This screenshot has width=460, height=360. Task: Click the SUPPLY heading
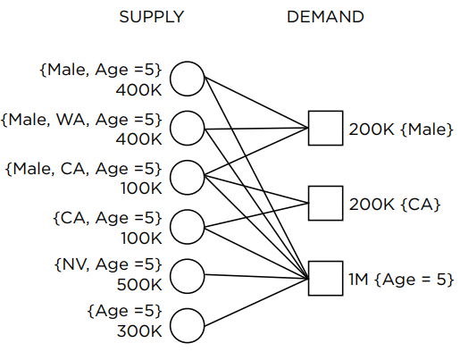pos(152,17)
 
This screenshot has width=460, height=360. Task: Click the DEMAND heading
pos(325,17)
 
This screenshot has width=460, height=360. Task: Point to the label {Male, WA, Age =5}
pos(81,120)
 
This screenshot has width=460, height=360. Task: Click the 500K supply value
pos(139,285)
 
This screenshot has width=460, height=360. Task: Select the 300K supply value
pos(139,331)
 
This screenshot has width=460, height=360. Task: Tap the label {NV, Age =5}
pos(108,264)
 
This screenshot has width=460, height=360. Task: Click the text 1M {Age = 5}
pos(401,280)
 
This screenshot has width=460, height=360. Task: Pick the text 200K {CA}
pos(395,205)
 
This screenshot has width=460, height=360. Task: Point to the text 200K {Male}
pos(401,130)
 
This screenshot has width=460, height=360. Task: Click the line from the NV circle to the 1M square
pos(256,277)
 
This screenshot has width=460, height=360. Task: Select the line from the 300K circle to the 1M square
pos(256,302)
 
